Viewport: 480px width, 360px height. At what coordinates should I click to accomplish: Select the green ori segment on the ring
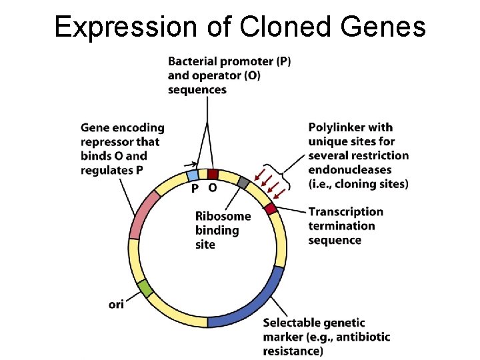point(145,288)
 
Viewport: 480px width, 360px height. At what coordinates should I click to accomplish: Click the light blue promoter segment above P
point(193,175)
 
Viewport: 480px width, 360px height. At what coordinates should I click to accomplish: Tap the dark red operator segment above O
point(212,174)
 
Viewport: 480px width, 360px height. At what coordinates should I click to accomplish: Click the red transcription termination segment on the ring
point(270,209)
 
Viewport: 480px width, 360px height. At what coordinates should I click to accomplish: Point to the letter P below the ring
point(194,189)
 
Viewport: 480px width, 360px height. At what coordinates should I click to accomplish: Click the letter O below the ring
point(212,189)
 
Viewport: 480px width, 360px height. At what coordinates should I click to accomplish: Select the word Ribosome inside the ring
point(223,216)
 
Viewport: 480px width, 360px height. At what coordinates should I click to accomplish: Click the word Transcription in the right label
point(345,211)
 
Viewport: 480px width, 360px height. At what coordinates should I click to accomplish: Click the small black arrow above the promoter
point(193,163)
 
